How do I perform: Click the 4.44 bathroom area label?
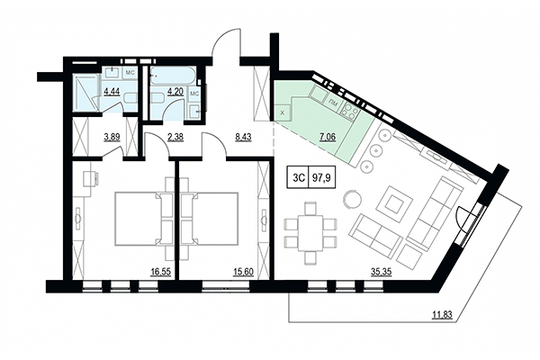(112, 91)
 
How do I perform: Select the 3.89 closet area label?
(112, 138)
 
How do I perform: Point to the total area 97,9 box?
(319, 178)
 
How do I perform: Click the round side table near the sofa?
(353, 198)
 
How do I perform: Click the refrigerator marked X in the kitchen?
(284, 112)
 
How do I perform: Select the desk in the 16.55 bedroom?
(91, 178)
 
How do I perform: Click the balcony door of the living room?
(466, 220)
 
